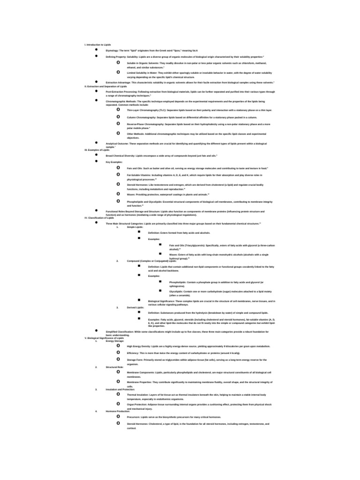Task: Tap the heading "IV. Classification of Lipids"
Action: click(x=99, y=218)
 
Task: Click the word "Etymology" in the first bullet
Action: click(x=112, y=50)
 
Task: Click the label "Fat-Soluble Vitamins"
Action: click(x=137, y=175)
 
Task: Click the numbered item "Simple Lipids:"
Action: click(x=135, y=227)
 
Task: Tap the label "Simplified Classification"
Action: click(x=119, y=331)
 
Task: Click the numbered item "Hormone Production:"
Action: click(x=118, y=411)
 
